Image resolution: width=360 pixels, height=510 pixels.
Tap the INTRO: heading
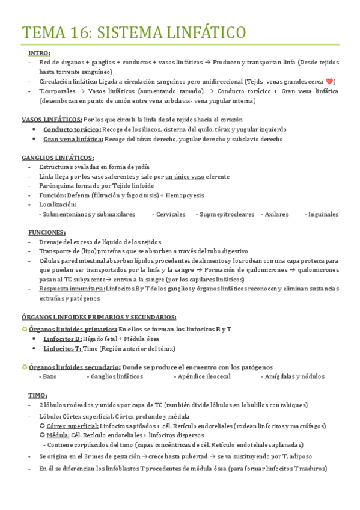click(x=39, y=53)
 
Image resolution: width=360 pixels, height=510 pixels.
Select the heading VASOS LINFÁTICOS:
click(x=52, y=119)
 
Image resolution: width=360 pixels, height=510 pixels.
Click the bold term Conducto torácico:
click(x=72, y=129)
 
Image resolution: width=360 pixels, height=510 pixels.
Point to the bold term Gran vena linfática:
click(x=73, y=140)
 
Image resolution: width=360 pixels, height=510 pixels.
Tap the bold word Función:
click(x=52, y=195)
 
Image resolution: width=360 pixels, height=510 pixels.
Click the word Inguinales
click(x=323, y=214)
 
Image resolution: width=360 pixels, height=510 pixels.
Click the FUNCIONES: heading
click(x=47, y=232)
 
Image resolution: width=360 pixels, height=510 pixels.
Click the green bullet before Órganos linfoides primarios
click(x=24, y=329)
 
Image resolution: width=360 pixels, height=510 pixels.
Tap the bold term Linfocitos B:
click(x=63, y=339)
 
